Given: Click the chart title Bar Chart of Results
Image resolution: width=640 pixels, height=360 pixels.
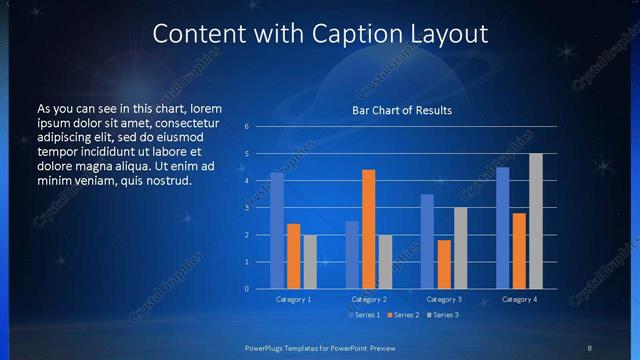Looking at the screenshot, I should point(402,110).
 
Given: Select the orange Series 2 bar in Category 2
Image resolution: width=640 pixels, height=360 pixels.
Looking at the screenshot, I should point(368,229).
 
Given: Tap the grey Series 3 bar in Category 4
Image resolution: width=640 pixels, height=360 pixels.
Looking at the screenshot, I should point(536,221).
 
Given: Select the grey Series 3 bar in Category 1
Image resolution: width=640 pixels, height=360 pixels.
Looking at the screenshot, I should point(310,261).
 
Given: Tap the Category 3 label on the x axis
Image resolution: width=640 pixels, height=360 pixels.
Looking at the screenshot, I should point(443,299).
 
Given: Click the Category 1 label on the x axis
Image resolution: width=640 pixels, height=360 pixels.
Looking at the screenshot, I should point(293,299).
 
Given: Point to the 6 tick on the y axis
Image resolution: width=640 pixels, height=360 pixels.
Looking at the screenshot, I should point(247,127).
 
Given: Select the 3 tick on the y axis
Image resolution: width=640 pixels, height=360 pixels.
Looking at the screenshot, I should point(247,208).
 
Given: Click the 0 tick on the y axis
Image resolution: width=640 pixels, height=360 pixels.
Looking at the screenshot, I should point(247,289).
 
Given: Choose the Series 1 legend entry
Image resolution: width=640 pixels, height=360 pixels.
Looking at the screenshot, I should point(365,315).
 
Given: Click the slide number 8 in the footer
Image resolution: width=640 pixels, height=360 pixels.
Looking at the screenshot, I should point(590,347).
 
